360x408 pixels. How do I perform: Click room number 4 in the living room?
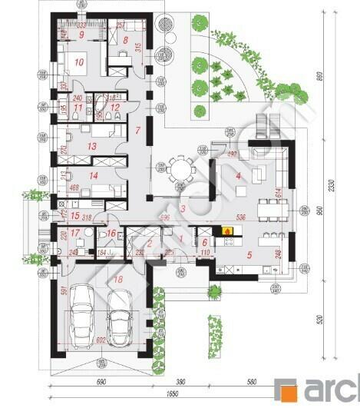click(238, 176)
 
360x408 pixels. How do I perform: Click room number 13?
click(91, 144)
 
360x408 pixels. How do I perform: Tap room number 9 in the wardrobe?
click(80, 34)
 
